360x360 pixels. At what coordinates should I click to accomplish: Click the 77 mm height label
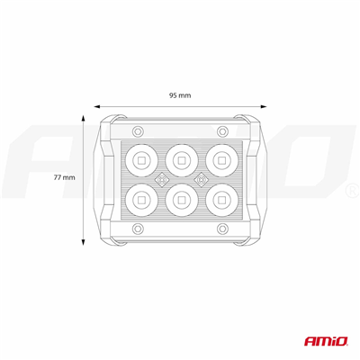click(64, 178)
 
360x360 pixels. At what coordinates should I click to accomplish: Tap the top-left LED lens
click(140, 160)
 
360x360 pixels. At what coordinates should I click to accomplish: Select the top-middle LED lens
click(180, 160)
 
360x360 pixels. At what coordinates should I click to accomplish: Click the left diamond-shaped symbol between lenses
click(160, 179)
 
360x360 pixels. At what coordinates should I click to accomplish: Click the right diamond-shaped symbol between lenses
click(200, 179)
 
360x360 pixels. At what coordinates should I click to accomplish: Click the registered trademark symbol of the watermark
click(349, 193)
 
